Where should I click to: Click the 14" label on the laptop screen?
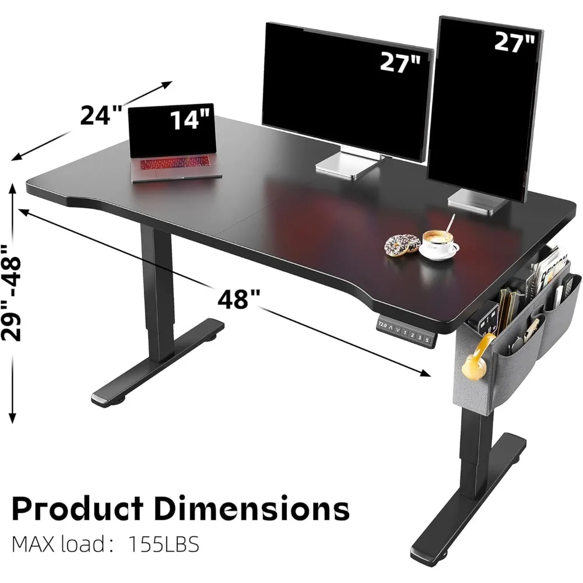tap(189, 120)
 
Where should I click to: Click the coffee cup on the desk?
tap(439, 242)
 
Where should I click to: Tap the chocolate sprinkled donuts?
tap(402, 244)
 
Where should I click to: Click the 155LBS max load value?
tap(163, 546)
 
